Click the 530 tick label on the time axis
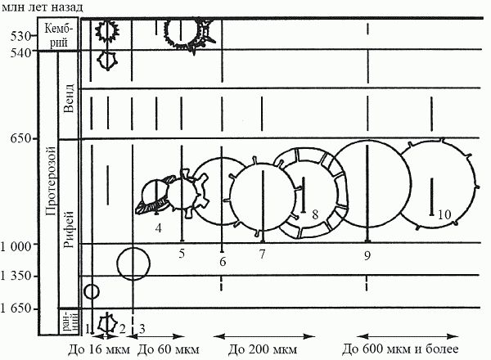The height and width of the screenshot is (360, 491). [x=20, y=37]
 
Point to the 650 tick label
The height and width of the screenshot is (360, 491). [x=20, y=138]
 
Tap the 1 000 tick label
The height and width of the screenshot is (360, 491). [x=16, y=246]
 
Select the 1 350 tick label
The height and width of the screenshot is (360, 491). [x=16, y=276]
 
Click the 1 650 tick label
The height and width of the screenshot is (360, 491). [x=16, y=308]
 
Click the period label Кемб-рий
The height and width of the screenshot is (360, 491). [x=58, y=34]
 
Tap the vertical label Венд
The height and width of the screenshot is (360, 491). [x=69, y=98]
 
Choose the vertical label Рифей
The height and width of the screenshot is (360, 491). [x=69, y=229]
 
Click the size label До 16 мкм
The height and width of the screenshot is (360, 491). [x=99, y=349]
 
